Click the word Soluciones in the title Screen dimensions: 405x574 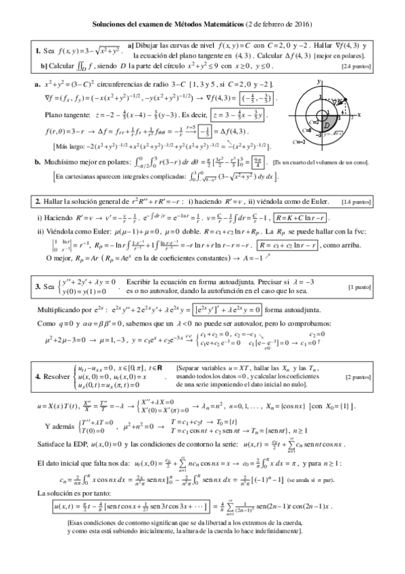111,24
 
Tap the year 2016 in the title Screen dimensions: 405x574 302,24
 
